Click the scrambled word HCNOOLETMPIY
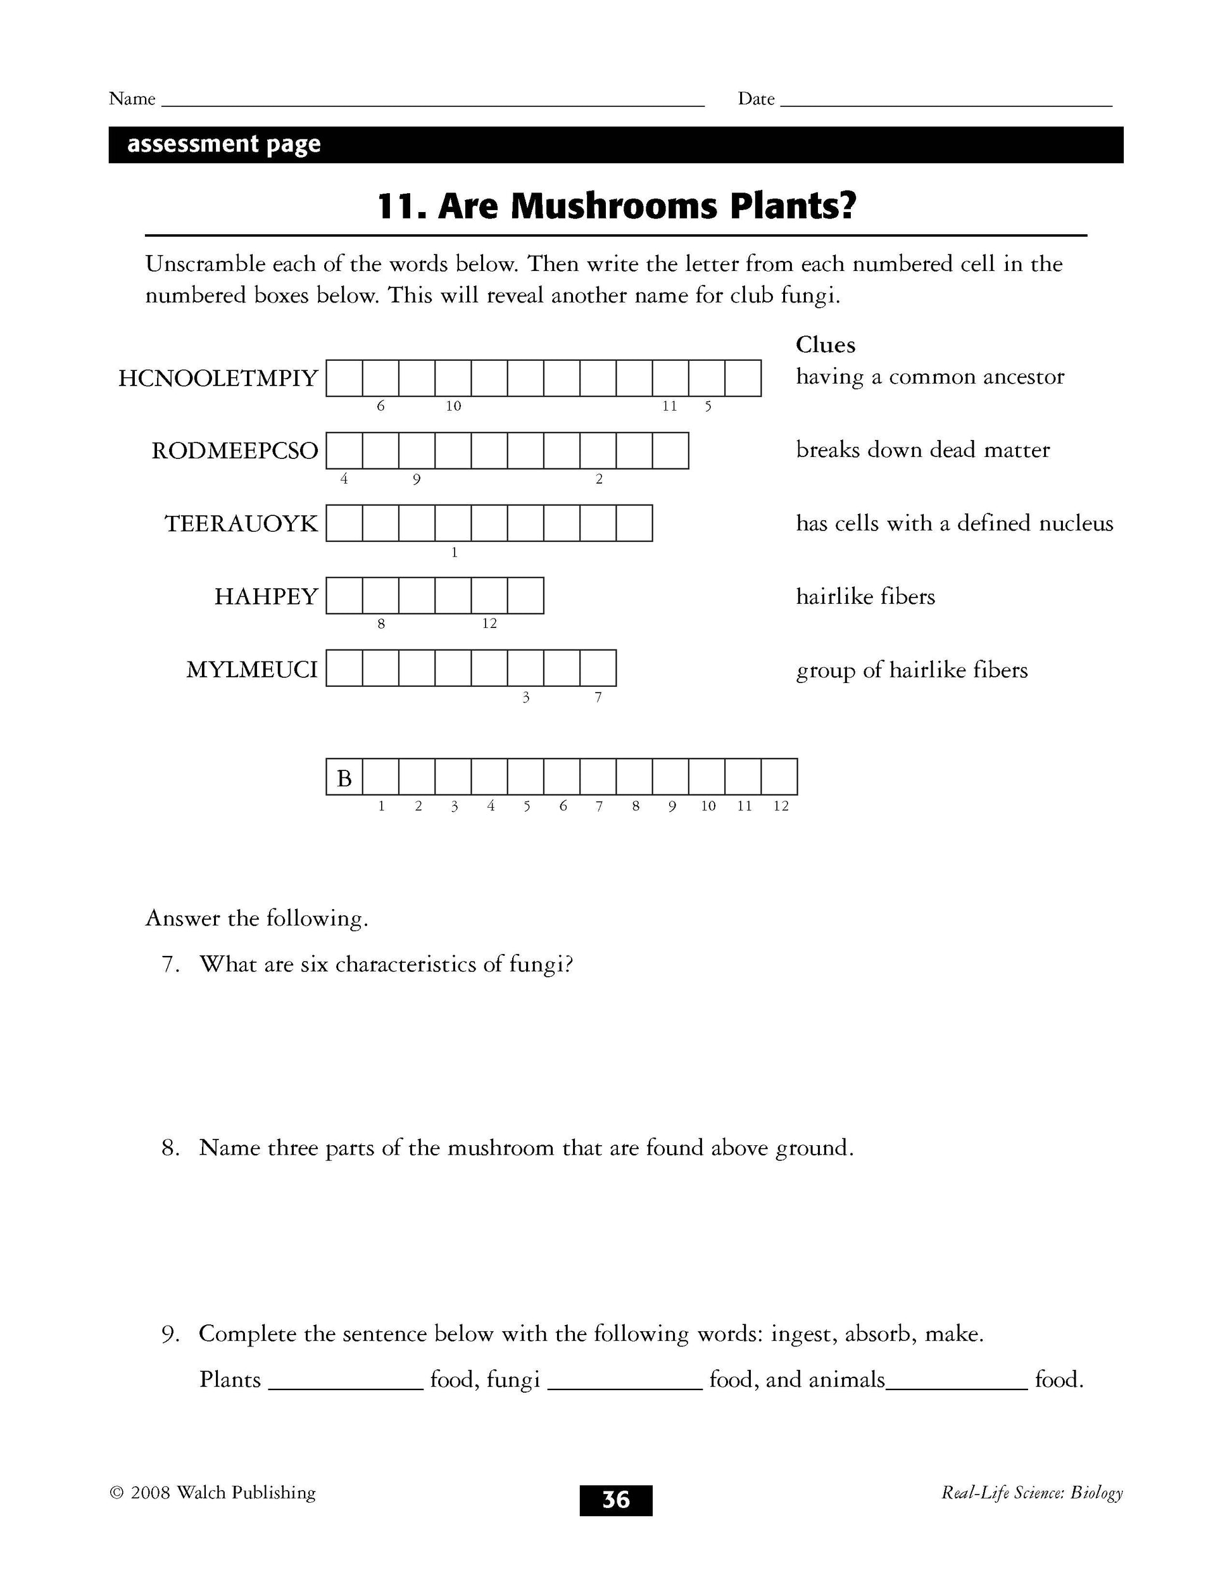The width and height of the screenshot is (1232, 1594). (x=218, y=379)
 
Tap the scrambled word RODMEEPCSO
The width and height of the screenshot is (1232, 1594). (x=234, y=451)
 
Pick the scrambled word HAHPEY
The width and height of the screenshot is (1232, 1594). (x=266, y=597)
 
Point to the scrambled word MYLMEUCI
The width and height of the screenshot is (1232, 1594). (x=252, y=669)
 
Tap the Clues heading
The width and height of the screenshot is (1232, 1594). (x=825, y=344)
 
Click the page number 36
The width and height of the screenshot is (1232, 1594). (x=615, y=1500)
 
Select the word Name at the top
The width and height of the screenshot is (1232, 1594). (x=132, y=99)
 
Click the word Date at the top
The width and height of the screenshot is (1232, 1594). (x=755, y=99)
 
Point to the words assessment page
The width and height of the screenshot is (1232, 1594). (x=223, y=144)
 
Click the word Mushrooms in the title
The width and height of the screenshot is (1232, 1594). (x=614, y=206)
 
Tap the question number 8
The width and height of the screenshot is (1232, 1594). (x=170, y=1148)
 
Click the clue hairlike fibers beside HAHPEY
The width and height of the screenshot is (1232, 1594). (x=865, y=597)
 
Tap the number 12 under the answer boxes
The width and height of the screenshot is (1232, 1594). (x=781, y=806)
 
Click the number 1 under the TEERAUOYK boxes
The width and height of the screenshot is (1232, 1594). (x=454, y=553)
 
